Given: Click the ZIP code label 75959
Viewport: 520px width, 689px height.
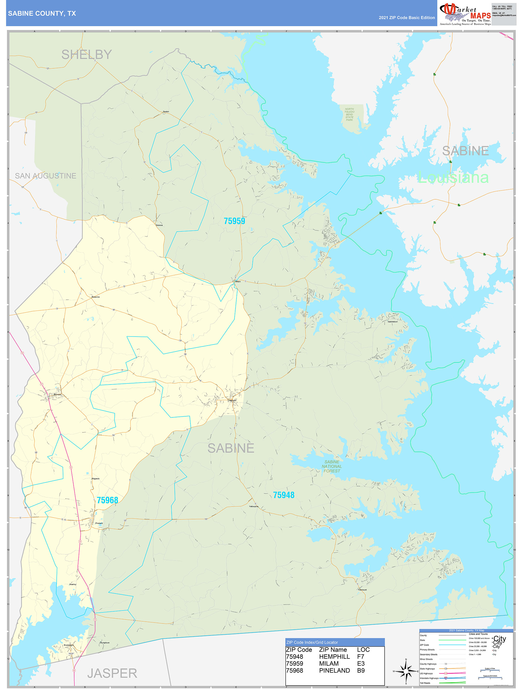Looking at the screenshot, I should (234, 221).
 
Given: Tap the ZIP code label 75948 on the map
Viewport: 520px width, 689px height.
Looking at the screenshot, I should (283, 495).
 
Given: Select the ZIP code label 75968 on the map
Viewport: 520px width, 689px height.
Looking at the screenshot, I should (108, 500).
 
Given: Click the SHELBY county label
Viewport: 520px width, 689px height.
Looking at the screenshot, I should (87, 55).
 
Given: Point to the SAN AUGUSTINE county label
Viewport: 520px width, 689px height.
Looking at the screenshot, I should (46, 176).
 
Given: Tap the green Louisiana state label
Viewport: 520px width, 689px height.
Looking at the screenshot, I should (453, 178).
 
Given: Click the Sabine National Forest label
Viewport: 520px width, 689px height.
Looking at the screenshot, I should (332, 466).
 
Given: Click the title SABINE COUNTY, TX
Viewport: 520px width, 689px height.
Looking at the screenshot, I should (42, 14).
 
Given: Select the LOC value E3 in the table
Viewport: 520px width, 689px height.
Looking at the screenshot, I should (361, 664).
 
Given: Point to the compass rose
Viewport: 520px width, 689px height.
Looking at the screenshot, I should (406, 671).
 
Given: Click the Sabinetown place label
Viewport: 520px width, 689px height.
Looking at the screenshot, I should (392, 321).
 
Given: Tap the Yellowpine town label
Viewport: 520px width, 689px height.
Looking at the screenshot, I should (254, 506).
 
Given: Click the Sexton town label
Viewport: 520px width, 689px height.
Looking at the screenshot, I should (166, 112).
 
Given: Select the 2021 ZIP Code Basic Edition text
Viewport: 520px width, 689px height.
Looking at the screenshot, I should (407, 18).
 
